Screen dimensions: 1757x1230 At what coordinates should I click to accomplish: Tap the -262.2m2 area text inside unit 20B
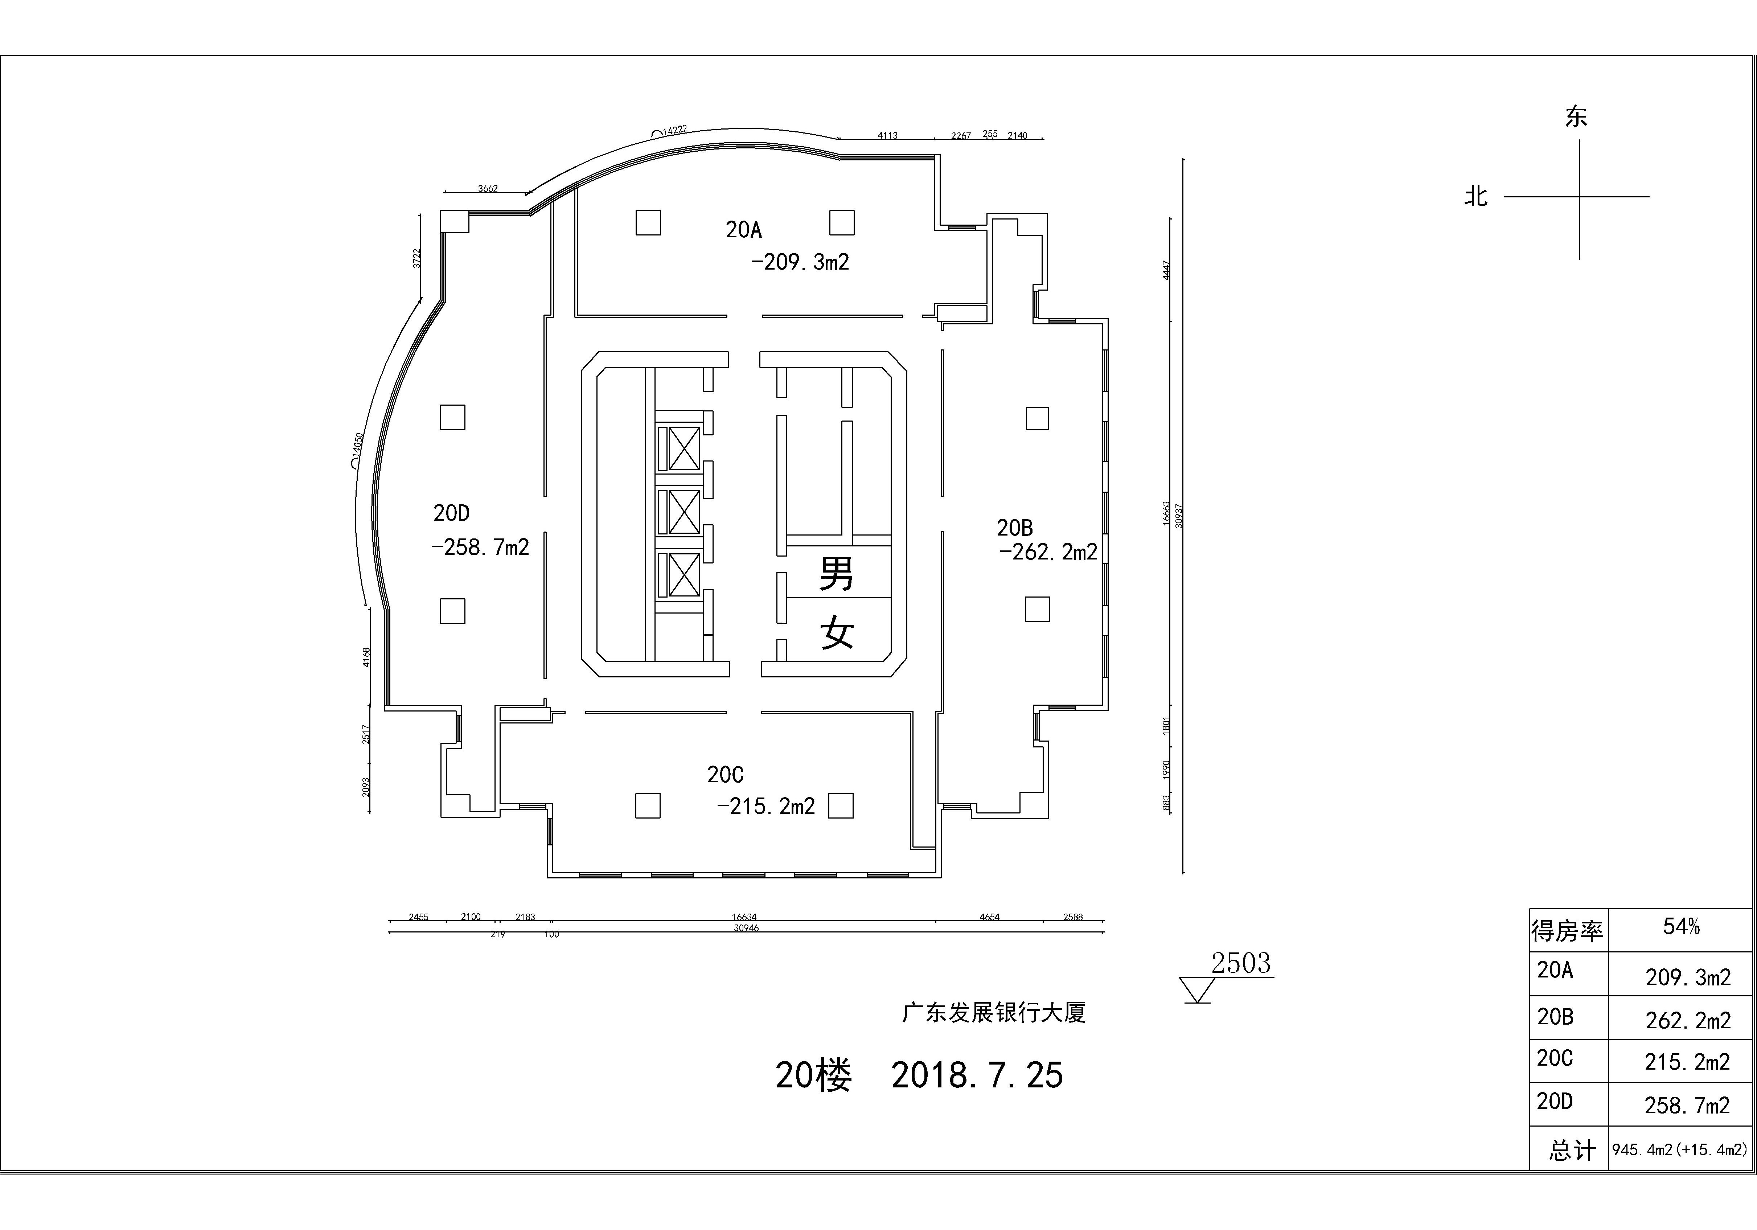coord(1048,552)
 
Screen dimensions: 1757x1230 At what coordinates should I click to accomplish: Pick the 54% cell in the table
coord(1681,927)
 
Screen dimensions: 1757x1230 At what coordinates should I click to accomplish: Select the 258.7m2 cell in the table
coord(1687,1105)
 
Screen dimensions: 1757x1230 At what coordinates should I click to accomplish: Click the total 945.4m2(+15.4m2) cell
coord(1680,1150)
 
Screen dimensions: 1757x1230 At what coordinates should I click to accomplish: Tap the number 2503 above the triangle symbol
coord(1240,963)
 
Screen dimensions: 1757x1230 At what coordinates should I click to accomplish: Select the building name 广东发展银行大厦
coord(994,1013)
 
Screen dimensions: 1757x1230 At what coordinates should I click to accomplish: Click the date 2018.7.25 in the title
coord(977,1075)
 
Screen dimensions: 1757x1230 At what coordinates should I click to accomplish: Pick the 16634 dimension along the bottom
coord(744,917)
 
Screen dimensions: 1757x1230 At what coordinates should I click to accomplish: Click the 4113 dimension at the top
coord(888,135)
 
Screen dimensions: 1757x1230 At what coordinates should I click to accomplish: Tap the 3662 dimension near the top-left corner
coord(488,188)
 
